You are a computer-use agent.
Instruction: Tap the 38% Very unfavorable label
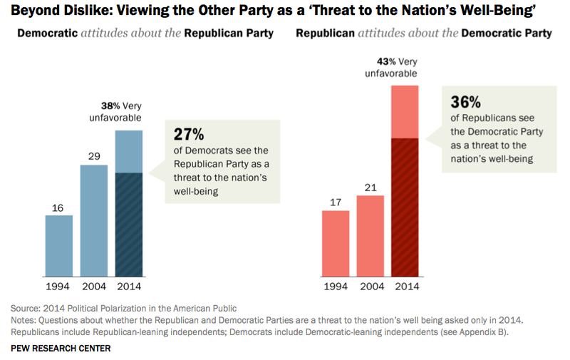(x=121, y=110)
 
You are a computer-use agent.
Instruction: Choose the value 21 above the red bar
(x=370, y=185)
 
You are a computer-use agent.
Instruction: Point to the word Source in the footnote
(x=26, y=308)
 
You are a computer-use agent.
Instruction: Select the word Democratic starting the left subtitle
(x=42, y=34)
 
